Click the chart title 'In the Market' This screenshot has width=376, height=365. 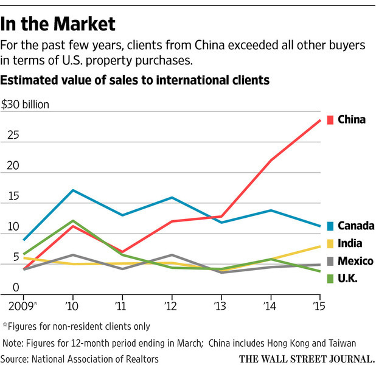[58, 24]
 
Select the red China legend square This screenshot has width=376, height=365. [330, 120]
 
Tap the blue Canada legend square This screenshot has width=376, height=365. [330, 226]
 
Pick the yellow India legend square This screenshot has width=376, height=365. [330, 244]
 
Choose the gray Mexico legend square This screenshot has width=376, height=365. [330, 261]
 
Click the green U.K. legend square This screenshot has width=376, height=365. [330, 279]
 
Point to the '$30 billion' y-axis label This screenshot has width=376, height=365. [25, 105]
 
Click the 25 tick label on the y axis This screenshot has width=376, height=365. [13, 135]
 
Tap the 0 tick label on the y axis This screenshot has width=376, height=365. [16, 287]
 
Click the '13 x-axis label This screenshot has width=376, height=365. [220, 306]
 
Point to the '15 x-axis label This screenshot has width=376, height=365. [319, 306]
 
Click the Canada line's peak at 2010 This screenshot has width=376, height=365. [73, 190]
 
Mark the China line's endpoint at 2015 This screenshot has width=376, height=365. [320, 120]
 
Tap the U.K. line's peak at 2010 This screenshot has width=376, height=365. [73, 221]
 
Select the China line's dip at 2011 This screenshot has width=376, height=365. [122, 252]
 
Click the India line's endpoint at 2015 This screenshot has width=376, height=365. [320, 246]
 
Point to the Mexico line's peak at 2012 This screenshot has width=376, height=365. [172, 255]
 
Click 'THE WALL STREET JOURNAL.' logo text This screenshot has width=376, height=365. [307, 359]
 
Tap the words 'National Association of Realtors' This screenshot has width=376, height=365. [95, 360]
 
